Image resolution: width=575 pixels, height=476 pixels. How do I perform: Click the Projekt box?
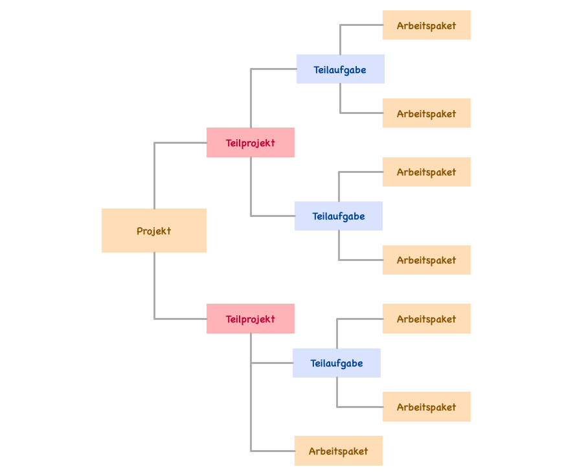point(154,231)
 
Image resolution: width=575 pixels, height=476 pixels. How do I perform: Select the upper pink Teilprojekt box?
point(251,142)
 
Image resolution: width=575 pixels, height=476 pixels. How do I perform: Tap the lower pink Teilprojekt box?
point(251,319)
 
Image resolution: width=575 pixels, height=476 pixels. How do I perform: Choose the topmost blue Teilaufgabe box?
point(340,69)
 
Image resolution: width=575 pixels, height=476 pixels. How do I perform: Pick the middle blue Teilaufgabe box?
point(338,216)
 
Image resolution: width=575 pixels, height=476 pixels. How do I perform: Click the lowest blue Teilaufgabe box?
point(336,363)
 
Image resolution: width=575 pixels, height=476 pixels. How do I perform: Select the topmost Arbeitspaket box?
point(426,25)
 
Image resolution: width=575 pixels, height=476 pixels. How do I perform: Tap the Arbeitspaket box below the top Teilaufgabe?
point(426,113)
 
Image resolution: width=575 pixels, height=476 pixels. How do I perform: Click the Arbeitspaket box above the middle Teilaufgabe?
point(426,172)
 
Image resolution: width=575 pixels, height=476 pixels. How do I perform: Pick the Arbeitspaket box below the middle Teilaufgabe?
point(426,260)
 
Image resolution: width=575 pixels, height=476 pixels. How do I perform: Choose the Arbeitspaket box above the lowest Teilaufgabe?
point(426,319)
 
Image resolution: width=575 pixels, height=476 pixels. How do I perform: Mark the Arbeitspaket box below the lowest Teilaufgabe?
point(426,407)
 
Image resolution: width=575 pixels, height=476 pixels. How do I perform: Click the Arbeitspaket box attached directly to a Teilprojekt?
point(338,451)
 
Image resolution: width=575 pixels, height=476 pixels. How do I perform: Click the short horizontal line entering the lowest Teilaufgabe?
point(272,363)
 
